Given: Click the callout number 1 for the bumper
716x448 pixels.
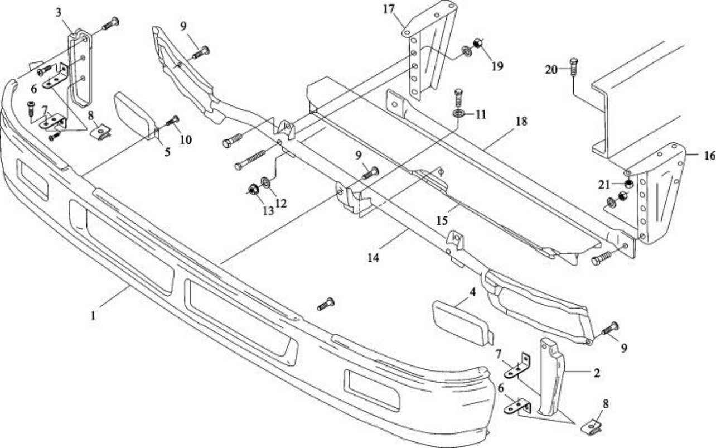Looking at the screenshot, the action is pyautogui.click(x=93, y=316).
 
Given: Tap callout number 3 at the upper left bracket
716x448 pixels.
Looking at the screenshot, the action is pyautogui.click(x=59, y=13).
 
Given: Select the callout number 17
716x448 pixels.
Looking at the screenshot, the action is pyautogui.click(x=389, y=9).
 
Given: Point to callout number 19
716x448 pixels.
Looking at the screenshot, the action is pyautogui.click(x=497, y=66).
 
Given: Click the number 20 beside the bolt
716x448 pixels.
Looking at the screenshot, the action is pyautogui.click(x=551, y=69).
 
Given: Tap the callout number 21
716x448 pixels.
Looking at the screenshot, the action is pyautogui.click(x=604, y=185).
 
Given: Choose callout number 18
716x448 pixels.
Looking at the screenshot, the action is pyautogui.click(x=521, y=121).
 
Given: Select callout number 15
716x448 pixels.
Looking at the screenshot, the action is pyautogui.click(x=442, y=220).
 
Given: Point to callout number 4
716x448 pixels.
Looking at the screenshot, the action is pyautogui.click(x=472, y=292).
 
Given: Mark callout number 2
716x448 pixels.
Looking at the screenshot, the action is pyautogui.click(x=597, y=373).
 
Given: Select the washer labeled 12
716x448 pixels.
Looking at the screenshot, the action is pyautogui.click(x=265, y=182).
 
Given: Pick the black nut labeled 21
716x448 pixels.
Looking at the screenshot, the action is pyautogui.click(x=630, y=184).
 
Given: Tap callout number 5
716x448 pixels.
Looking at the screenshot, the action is pyautogui.click(x=167, y=152).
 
